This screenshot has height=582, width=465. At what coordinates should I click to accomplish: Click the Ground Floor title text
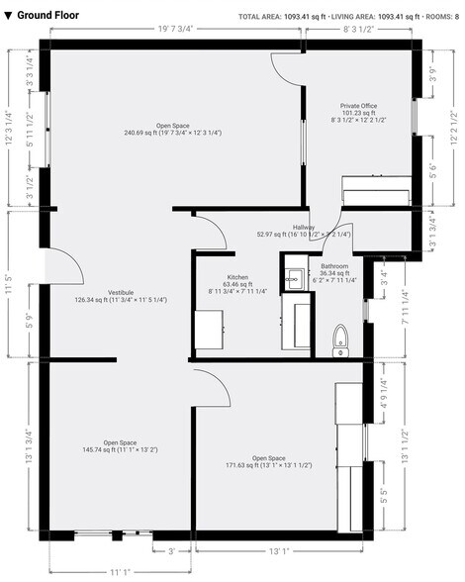point(46,15)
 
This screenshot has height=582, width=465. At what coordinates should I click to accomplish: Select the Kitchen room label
point(237,277)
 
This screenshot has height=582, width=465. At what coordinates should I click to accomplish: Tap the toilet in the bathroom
point(341,339)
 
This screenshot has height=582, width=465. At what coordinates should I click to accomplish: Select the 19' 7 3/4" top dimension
point(176,31)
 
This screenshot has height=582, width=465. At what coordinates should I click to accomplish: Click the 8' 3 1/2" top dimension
point(358,31)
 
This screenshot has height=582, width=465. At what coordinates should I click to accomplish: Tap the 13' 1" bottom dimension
point(279,551)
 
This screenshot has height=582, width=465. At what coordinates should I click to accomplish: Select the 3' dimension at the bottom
point(171,551)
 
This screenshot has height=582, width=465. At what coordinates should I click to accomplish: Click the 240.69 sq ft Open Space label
point(172,127)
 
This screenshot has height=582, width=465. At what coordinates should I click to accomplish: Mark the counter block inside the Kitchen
point(208,330)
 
